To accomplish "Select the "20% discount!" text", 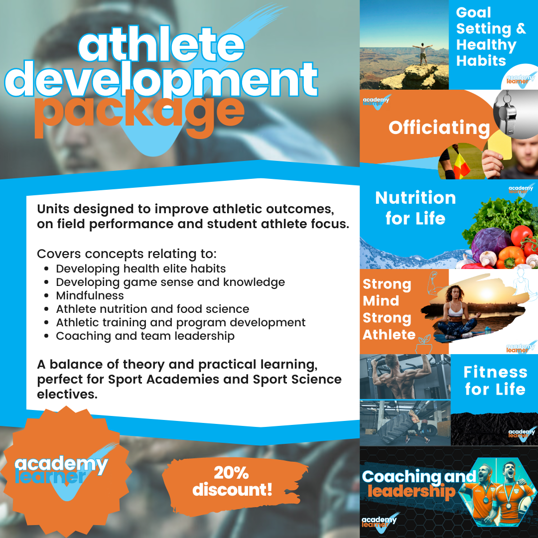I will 232,481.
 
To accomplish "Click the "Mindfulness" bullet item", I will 90,295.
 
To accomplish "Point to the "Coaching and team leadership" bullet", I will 145,336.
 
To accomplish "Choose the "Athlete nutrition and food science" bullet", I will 152,309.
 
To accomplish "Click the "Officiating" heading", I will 439,128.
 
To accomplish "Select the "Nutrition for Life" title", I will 415,208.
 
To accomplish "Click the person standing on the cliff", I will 424,54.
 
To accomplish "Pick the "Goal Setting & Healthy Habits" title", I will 490,37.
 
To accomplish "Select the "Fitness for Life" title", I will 495,380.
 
